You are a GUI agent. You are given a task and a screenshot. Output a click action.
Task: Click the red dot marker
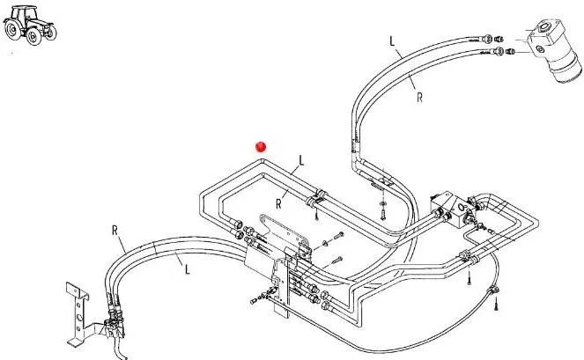(x=260, y=146)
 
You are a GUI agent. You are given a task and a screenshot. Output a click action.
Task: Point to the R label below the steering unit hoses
(x=419, y=99)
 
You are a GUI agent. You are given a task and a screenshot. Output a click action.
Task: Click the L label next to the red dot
(x=301, y=161)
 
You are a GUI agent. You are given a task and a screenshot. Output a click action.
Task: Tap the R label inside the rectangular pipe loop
(x=278, y=202)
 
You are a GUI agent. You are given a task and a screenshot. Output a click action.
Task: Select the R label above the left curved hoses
(x=115, y=231)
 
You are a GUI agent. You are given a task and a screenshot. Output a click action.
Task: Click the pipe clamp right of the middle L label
(x=316, y=204)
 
